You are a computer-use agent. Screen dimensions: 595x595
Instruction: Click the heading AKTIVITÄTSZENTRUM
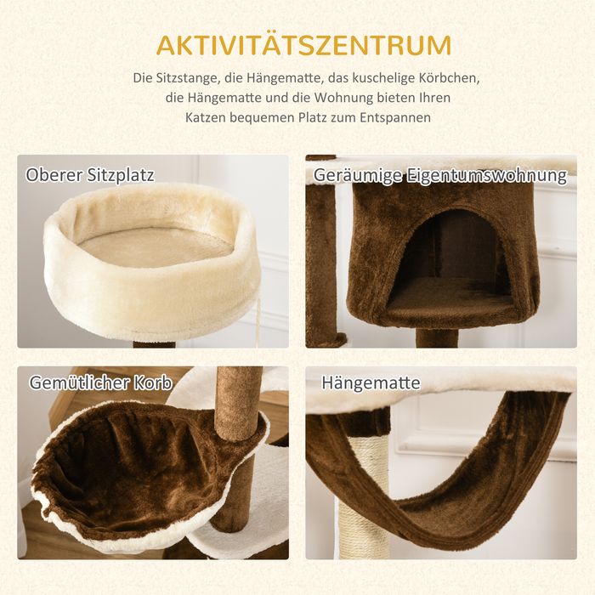[304, 45]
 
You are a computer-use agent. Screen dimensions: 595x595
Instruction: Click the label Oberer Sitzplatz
[90, 175]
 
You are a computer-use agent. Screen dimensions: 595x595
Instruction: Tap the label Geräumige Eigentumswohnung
[440, 176]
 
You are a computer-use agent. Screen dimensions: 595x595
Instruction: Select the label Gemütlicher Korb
[101, 382]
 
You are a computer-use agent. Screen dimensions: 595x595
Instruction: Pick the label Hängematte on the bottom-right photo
[371, 382]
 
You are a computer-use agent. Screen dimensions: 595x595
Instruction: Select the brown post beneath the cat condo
[438, 338]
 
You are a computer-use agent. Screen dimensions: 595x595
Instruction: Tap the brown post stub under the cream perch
[154, 344]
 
